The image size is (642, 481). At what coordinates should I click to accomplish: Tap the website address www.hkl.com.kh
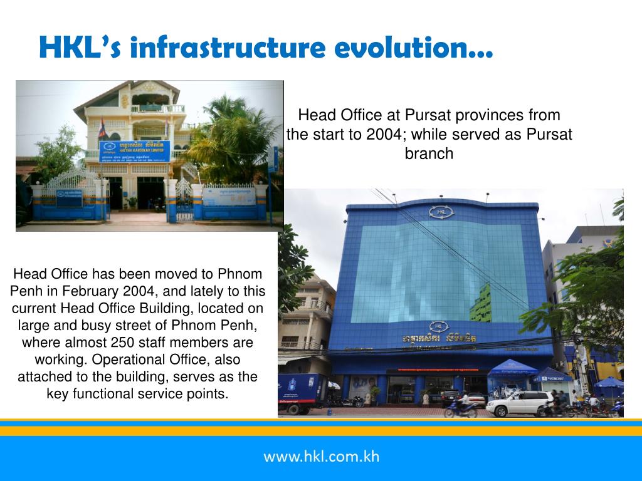[x=321, y=456]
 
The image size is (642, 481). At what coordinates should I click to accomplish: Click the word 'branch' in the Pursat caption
[x=429, y=153]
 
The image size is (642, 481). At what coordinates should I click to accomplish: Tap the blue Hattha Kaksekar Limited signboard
[x=135, y=151]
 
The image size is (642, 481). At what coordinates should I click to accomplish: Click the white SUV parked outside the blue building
[x=519, y=403]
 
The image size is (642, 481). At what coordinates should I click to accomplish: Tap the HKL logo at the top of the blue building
[x=440, y=212]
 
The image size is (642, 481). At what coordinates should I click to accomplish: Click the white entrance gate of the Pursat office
[x=183, y=199]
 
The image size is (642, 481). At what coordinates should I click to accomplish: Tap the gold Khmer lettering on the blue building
[x=439, y=338]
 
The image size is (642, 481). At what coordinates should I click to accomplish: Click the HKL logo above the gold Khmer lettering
[x=439, y=326]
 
